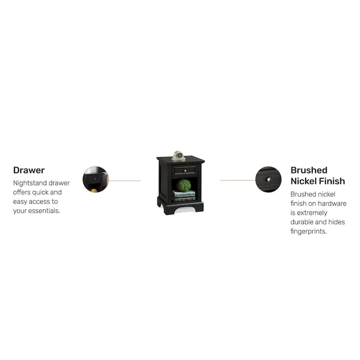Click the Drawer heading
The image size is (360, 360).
29,170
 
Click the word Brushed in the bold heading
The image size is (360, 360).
309,170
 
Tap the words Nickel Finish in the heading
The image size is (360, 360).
318,181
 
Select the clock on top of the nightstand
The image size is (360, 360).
178,156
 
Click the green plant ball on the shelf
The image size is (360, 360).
184,185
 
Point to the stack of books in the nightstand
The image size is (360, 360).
184,196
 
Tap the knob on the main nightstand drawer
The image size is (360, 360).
185,171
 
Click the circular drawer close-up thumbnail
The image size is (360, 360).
95,179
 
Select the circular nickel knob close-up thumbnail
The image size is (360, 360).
268,179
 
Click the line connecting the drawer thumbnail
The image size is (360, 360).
125,181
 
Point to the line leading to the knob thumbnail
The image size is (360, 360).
238,180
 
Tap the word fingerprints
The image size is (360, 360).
309,231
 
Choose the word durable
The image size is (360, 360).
301,222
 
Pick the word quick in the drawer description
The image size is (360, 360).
38,192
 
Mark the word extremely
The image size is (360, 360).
312,213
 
